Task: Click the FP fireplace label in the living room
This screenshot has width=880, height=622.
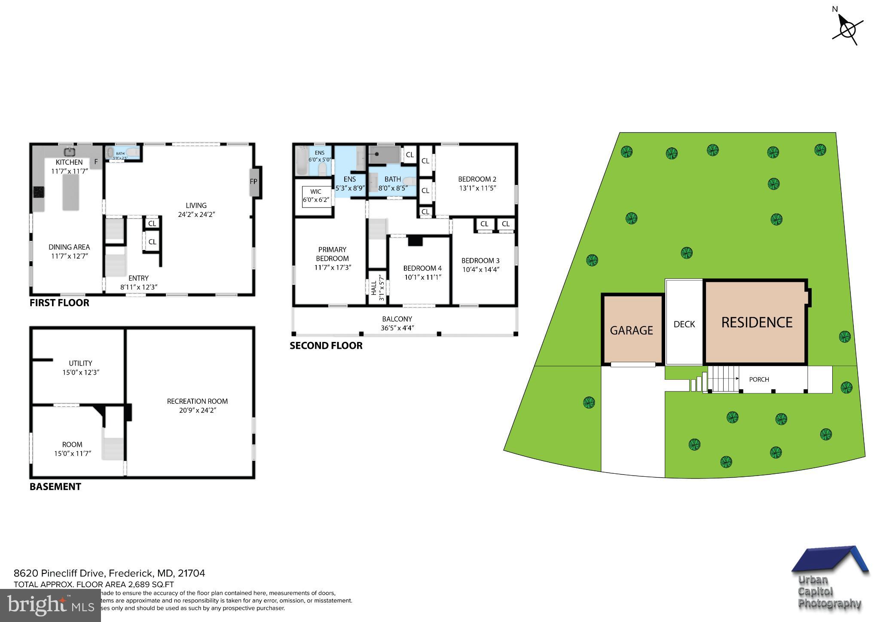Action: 254,182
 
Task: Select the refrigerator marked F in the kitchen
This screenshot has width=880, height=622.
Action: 96,162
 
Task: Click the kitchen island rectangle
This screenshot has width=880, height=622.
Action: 71,192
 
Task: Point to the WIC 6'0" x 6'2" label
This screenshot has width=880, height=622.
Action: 316,196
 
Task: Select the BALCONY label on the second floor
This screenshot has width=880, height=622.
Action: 397,319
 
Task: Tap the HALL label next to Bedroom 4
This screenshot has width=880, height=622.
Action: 373,287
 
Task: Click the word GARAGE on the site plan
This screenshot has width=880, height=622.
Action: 631,330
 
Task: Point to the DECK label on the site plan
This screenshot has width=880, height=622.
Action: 684,324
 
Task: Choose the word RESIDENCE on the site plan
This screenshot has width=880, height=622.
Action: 756,323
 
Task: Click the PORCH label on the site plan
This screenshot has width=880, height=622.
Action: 759,379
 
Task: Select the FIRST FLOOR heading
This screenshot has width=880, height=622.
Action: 59,303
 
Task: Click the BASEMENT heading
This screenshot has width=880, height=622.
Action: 55,487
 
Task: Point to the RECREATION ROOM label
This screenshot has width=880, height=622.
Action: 197,401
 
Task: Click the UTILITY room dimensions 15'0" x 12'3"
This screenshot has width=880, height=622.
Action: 81,372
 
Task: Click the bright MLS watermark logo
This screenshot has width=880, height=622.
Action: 51,606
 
